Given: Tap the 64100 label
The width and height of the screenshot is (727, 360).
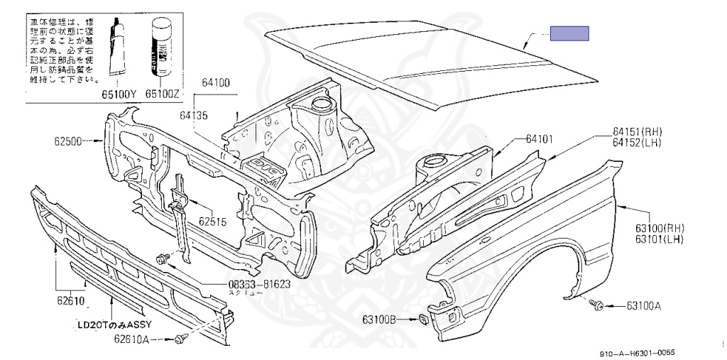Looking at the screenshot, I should [215, 83].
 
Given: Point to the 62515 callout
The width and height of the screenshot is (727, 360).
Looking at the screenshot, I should [212, 222].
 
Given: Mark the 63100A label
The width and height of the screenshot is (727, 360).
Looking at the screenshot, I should [643, 306].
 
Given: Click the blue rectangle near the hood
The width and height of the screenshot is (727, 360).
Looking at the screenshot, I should [570, 33].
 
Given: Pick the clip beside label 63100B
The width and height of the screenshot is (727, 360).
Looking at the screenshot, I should [422, 318].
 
